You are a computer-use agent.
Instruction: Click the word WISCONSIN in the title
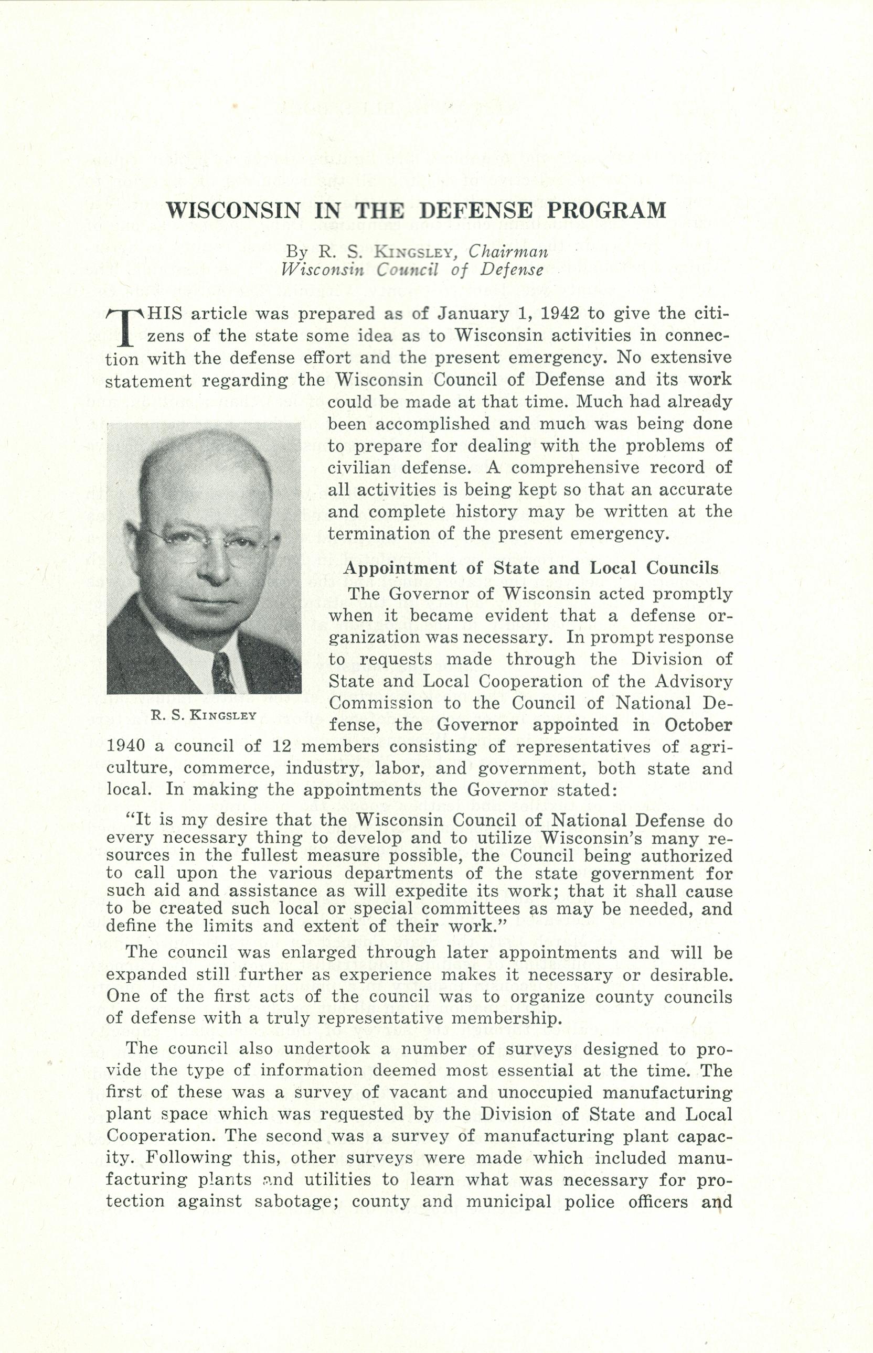click(233, 211)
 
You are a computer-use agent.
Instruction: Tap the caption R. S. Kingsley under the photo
click(204, 715)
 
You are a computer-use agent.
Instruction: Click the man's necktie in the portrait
click(223, 674)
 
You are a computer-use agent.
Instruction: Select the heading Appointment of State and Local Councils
click(531, 568)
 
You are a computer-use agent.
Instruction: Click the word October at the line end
click(697, 725)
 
